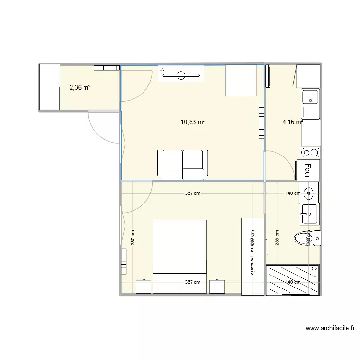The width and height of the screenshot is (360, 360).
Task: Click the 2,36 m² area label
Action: point(80,87)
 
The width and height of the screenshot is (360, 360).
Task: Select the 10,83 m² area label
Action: point(192,122)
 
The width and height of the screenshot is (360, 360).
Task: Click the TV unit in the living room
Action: point(181,74)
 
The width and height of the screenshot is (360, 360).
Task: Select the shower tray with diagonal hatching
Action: point(292,279)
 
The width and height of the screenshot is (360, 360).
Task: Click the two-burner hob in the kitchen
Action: point(310,153)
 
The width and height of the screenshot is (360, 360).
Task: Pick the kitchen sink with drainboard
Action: point(310,104)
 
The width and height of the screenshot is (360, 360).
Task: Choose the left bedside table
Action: point(144,286)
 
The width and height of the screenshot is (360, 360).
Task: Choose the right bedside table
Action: point(217,286)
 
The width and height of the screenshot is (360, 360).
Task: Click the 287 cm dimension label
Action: point(133,238)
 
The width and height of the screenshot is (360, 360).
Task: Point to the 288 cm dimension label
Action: point(277,238)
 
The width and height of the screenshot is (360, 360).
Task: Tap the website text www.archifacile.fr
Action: point(330,329)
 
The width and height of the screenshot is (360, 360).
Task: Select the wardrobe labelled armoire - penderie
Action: point(252,256)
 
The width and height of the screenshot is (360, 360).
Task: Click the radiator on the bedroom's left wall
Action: point(124,261)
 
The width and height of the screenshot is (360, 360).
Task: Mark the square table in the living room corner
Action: point(241,80)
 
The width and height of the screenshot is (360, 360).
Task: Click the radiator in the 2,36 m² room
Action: point(106,68)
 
